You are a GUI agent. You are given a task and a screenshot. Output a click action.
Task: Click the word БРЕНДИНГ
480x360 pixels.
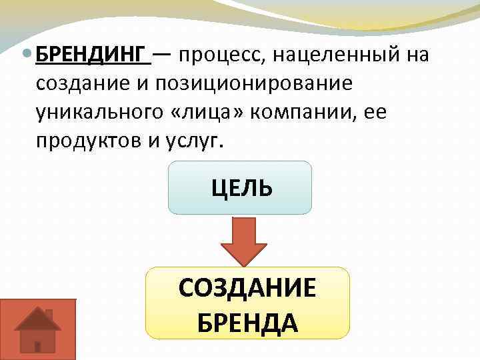click(x=89, y=55)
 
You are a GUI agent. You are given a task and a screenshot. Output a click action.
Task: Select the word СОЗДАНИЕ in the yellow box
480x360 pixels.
click(x=247, y=289)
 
